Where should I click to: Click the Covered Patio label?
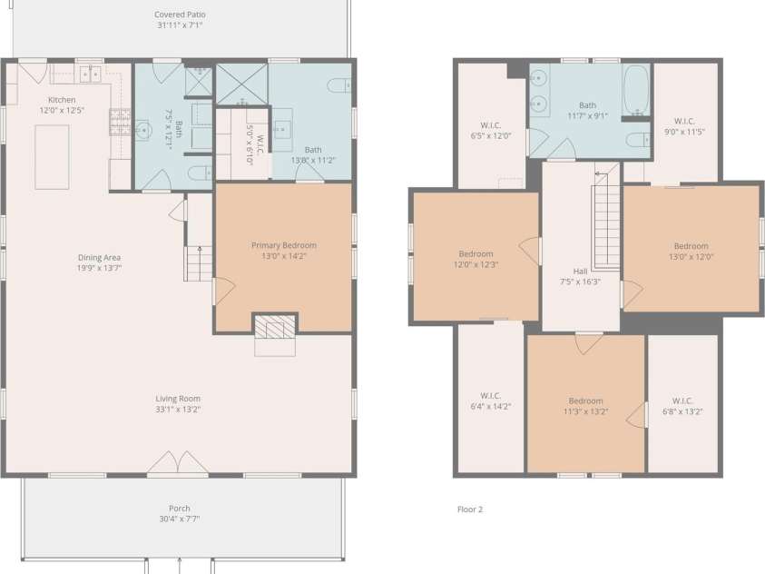(180, 15)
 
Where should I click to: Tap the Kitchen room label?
(62, 100)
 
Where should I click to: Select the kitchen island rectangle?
(52, 157)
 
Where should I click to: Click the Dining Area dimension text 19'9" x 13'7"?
(99, 268)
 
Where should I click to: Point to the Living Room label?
(178, 399)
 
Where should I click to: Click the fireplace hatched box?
(275, 327)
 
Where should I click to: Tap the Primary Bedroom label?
(284, 245)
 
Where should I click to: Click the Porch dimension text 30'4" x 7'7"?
(180, 519)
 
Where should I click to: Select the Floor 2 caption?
(470, 510)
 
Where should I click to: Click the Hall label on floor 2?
(580, 272)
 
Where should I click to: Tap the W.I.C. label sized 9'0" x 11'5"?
(684, 121)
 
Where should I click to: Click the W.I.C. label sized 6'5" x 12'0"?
(491, 125)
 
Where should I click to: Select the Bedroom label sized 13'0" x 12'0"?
(691, 246)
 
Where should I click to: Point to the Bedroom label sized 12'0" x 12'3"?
(476, 253)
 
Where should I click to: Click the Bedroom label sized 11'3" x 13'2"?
(585, 401)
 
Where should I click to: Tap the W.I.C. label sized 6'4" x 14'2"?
(490, 395)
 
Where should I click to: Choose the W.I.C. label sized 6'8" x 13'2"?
(682, 401)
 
